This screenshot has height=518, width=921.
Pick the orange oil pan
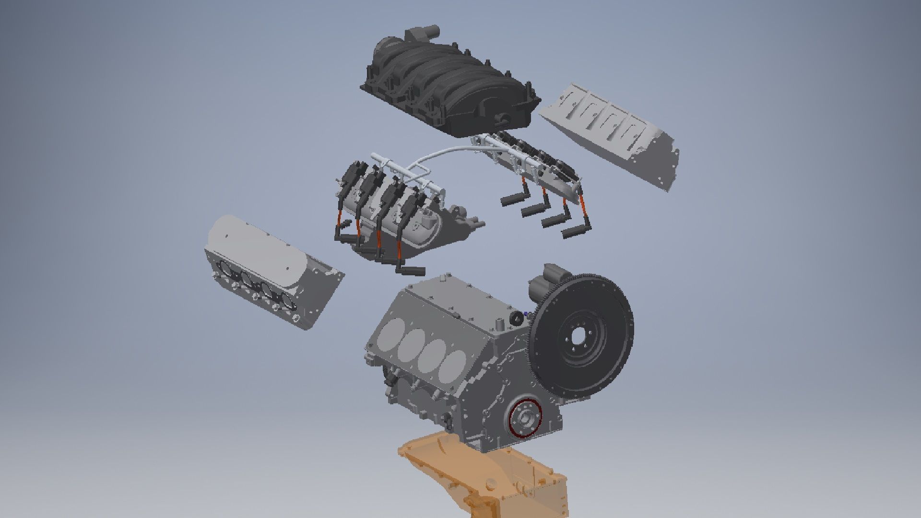(x=484, y=475)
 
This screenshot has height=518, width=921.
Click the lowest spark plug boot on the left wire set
(x=410, y=271)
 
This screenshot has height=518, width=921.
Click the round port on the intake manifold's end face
(x=500, y=117)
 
